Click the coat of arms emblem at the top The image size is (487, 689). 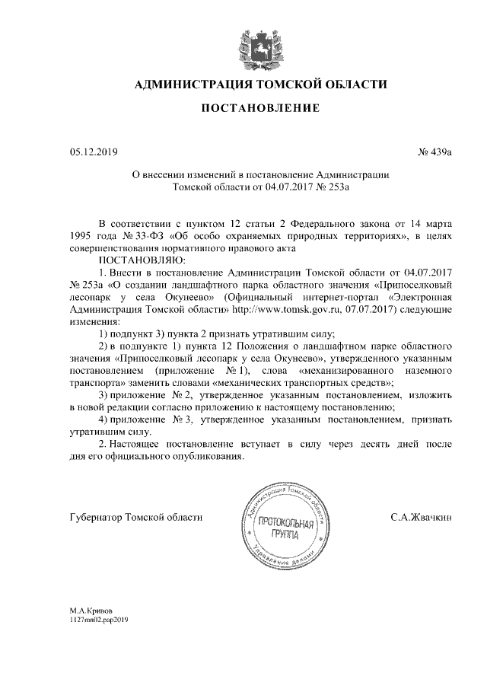tap(251, 43)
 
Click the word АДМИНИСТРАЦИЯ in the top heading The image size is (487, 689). tap(192, 84)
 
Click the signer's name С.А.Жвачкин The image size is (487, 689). tap(422, 517)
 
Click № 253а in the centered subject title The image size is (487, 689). tap(333, 185)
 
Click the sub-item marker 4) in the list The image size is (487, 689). tap(106, 419)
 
